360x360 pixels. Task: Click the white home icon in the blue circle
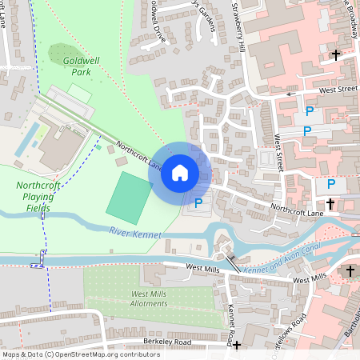[180, 172]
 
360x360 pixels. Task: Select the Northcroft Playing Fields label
[38, 196]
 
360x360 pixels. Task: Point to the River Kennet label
[134, 233]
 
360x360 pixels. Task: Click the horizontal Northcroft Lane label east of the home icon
[296, 210]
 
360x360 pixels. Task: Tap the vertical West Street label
[279, 153]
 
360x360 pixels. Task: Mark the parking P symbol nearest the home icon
[198, 203]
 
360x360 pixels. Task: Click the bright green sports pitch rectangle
[128, 197]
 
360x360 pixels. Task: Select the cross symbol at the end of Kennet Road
[236, 346]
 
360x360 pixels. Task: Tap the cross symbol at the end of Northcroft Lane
[330, 205]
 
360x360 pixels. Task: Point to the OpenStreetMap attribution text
[70, 354]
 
